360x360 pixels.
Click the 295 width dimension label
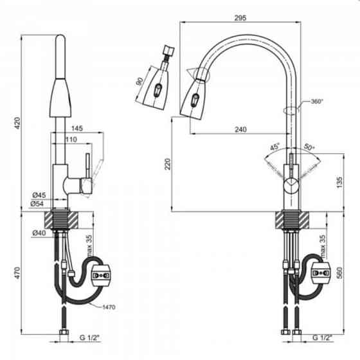click(240, 18)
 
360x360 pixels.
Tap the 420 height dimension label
click(18, 123)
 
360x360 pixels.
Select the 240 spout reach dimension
click(240, 129)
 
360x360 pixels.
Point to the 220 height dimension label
click(168, 164)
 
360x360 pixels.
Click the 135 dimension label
click(339, 183)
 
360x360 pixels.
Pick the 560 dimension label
click(339, 273)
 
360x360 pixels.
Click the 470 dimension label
click(18, 273)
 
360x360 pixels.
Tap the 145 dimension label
click(77, 129)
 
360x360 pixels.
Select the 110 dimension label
click(71, 139)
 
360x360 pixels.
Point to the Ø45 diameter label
click(39, 195)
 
